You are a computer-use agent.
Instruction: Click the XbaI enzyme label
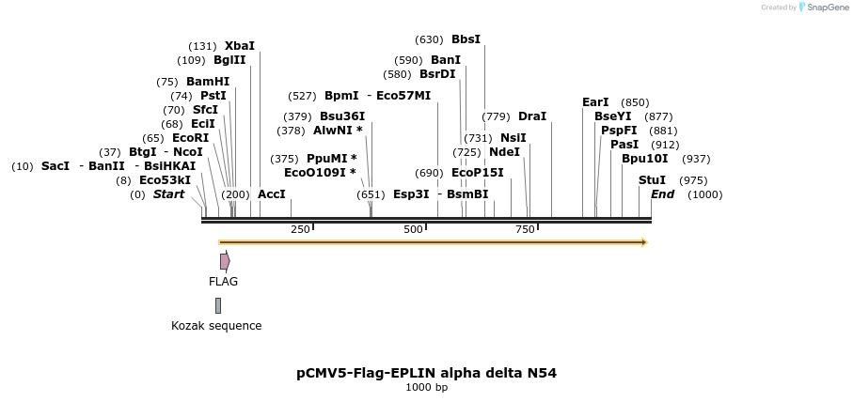pos(239,46)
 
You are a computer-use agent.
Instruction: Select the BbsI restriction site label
pos(466,39)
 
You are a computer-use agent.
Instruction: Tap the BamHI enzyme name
pos(207,82)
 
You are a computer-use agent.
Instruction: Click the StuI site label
pos(652,180)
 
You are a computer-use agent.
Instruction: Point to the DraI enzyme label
pos(531,116)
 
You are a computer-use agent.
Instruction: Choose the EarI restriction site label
pos(595,102)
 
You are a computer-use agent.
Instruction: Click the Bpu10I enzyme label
pos(644,159)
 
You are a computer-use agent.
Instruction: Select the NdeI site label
pos(504,152)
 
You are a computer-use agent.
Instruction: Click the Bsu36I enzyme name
pos(342,116)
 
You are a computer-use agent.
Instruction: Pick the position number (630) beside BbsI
pos(428,39)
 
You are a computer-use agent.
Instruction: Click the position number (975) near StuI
pos(693,180)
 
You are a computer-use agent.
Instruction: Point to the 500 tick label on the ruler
pos(414,230)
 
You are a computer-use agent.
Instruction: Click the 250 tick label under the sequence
pos(300,230)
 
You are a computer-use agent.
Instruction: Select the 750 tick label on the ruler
pos(525,230)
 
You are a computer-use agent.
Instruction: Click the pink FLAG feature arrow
pos(225,261)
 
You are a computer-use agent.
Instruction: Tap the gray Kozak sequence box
pos(218,305)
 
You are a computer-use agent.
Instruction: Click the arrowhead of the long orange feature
pos(644,242)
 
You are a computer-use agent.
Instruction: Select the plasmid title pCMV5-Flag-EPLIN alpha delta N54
pos(426,373)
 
